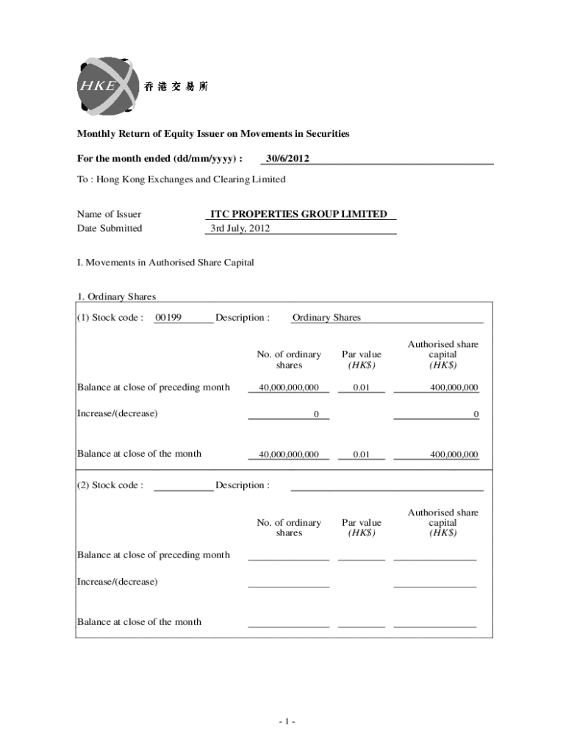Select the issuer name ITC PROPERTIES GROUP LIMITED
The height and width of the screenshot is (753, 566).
[x=298, y=214]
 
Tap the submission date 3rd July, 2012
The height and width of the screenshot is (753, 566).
[x=240, y=228]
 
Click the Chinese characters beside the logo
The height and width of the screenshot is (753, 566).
[x=176, y=87]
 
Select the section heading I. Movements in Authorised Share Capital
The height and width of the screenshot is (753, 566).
[x=165, y=263]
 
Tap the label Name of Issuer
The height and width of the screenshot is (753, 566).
[x=110, y=214]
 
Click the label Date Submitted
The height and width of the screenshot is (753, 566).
[x=110, y=228]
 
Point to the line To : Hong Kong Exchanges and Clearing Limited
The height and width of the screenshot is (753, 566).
[x=182, y=179]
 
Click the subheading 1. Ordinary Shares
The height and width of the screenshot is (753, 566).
[x=117, y=297]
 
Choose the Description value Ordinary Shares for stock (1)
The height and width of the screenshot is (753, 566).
[x=326, y=318]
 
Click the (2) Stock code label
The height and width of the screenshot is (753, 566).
[x=110, y=485]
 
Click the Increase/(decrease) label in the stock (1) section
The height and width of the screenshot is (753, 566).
[x=118, y=413]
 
